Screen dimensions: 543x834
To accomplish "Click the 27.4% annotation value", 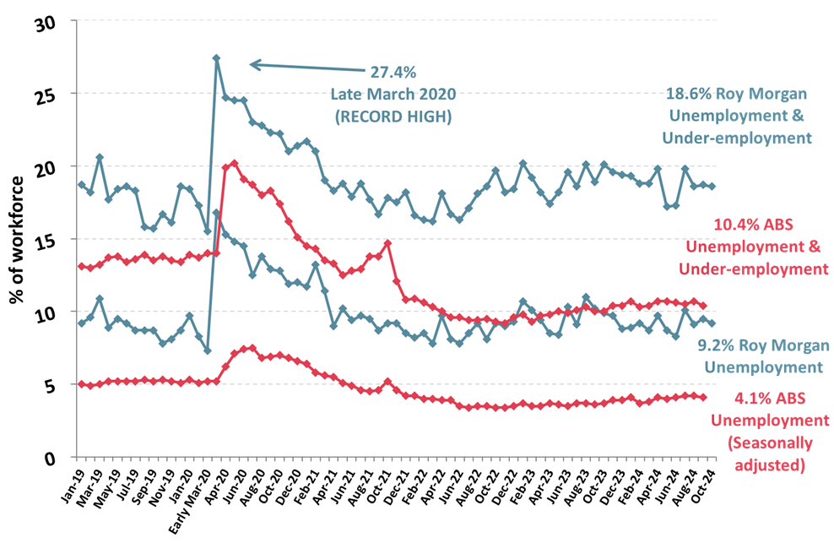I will pyautogui.click(x=393, y=73).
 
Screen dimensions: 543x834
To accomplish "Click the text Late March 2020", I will pyautogui.click(x=393, y=95).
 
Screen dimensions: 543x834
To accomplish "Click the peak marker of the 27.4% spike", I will pyautogui.click(x=217, y=58).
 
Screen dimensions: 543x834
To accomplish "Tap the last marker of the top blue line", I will pyautogui.click(x=712, y=187).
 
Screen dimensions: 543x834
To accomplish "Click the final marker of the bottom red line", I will pyautogui.click(x=704, y=397).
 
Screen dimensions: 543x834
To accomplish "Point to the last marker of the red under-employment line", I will pyautogui.click(x=704, y=306).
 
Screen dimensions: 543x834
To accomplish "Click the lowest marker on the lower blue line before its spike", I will pyautogui.click(x=208, y=350).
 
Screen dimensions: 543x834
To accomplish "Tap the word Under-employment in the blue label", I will pyautogui.click(x=737, y=138).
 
